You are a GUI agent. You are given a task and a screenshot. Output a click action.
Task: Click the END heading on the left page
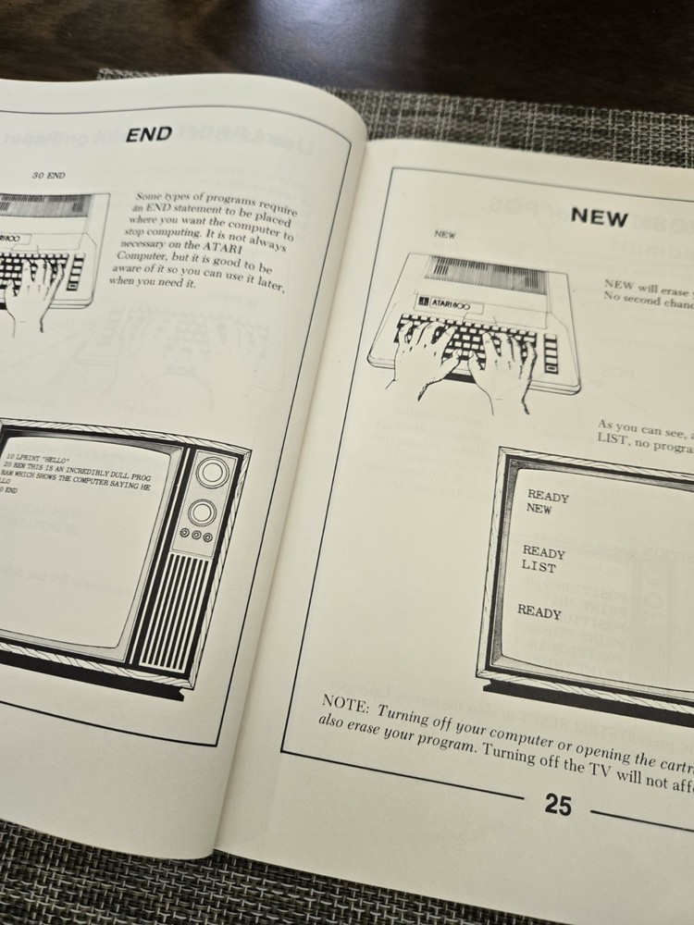pos(149,135)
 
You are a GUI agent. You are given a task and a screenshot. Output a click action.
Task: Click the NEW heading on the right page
pos(599,218)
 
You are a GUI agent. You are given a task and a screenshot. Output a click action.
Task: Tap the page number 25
pos(558,805)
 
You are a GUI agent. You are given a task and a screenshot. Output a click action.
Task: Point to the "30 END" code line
pos(48,176)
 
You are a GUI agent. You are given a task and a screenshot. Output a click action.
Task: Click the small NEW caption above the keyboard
pos(444,235)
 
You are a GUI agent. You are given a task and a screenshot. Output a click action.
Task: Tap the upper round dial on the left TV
pos(212,473)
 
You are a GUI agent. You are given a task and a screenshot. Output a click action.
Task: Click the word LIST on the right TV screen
pos(539,566)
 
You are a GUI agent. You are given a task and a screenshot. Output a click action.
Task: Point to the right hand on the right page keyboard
pos(501,366)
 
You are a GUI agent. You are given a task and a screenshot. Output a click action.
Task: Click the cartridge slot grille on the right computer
pos(481,276)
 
